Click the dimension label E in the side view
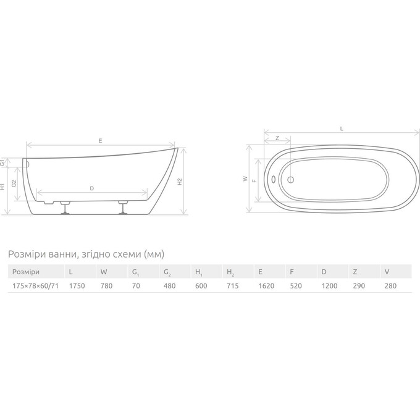pyautogui.click(x=99, y=140)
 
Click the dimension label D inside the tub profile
pyautogui.click(x=91, y=188)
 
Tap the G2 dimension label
pyautogui.click(x=14, y=182)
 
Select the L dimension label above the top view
pyautogui.click(x=342, y=128)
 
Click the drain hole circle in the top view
pyautogui.click(x=291, y=180)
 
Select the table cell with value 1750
pyautogui.click(x=77, y=285)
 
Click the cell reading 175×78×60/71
pyautogui.click(x=35, y=285)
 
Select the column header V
pyautogui.click(x=386, y=272)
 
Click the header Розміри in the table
pyautogui.click(x=26, y=272)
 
